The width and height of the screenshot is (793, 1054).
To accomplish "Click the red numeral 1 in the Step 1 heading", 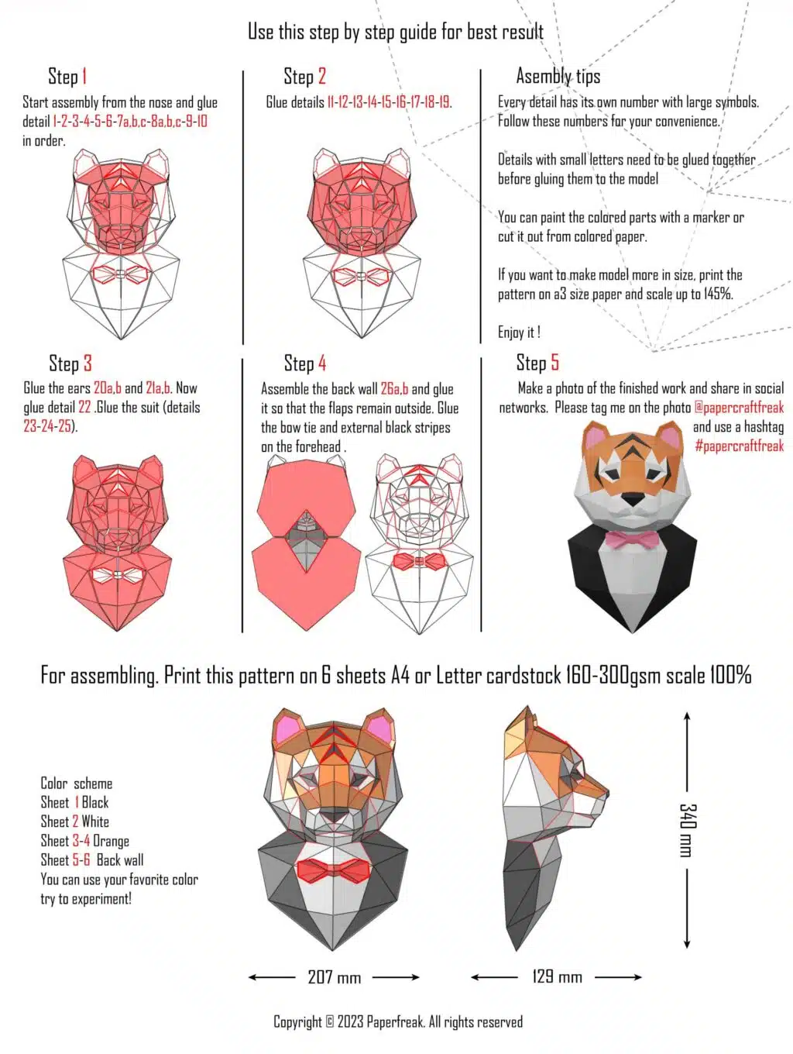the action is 84,76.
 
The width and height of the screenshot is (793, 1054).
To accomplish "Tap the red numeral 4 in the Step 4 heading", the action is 322,363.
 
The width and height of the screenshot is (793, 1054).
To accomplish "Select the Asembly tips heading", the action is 558,76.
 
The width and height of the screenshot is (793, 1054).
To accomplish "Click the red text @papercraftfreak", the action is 738,407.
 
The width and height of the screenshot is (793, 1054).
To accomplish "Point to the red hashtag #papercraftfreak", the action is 739,446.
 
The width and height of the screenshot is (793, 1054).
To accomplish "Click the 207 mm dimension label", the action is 334,976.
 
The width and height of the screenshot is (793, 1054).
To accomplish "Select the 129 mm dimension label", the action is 557,976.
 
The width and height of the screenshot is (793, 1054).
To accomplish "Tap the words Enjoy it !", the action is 519,332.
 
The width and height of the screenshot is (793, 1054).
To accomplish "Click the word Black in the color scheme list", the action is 95,802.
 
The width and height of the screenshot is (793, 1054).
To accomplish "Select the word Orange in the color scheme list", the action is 111,840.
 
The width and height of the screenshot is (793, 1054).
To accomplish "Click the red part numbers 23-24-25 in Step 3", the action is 47,426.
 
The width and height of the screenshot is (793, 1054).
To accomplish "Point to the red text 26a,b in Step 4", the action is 394,388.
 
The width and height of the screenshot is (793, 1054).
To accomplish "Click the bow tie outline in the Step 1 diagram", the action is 120,274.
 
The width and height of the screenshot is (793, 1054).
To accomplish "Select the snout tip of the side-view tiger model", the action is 606,793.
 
